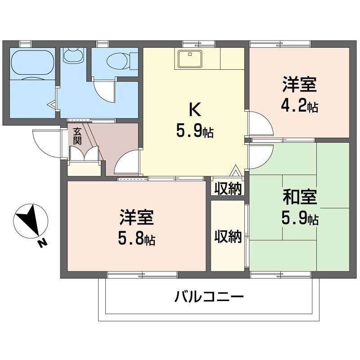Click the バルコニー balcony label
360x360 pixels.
[209, 297]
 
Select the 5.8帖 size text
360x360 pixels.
[137, 239]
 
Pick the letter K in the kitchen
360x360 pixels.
[194, 109]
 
